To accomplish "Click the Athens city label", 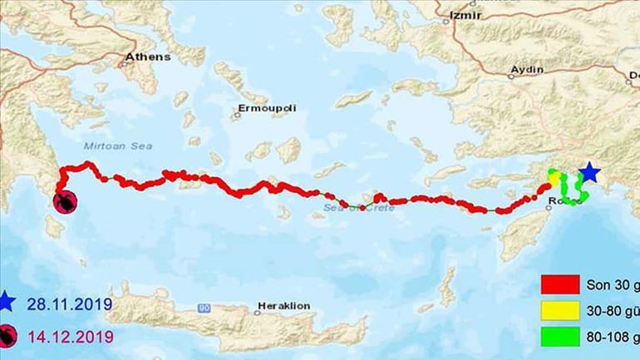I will pos(147,58).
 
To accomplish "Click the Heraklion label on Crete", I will pos(283,306).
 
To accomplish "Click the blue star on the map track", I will pos(588,172).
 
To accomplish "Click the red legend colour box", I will pos(559,285).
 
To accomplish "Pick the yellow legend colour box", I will pos(559,310).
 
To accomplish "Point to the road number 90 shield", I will pos(204,308).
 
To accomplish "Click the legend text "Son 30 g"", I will pos(613,285).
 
